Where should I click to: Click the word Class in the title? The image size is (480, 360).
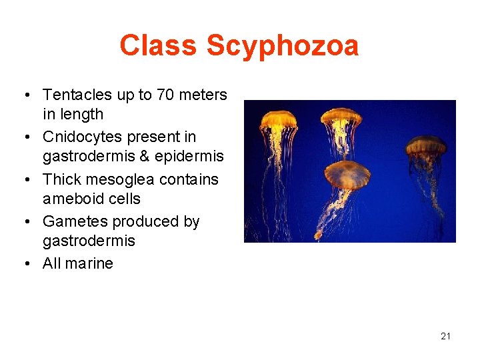coord(159,46)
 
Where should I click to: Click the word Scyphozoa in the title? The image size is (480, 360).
coord(283,46)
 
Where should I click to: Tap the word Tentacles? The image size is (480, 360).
coord(78,95)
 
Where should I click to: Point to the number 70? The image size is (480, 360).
coord(165,95)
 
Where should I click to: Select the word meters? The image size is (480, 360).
coord(203,95)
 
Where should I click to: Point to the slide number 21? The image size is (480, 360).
coord(445,336)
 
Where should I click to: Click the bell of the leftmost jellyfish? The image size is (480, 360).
coord(279,120)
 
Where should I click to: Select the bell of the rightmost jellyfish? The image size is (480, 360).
coord(426,145)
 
